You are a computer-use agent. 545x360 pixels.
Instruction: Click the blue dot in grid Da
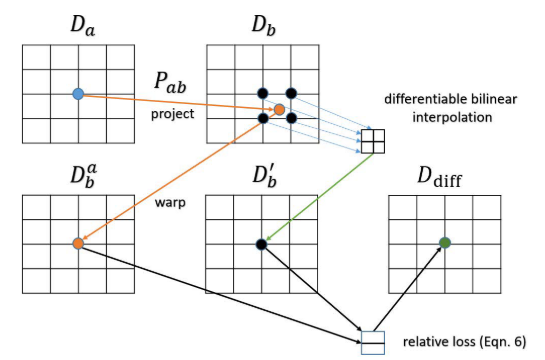78,94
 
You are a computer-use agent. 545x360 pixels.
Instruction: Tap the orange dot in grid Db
279,108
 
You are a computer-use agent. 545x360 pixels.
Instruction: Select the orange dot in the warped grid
78,243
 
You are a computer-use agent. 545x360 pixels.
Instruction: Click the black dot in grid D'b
261,243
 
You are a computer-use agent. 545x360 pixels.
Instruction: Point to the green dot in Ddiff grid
444,242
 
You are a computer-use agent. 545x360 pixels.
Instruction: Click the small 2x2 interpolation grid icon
373,142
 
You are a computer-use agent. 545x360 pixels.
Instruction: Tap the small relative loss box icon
372,342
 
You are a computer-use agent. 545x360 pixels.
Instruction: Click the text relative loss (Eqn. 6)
465,340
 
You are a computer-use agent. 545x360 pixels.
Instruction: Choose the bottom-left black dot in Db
262,118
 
